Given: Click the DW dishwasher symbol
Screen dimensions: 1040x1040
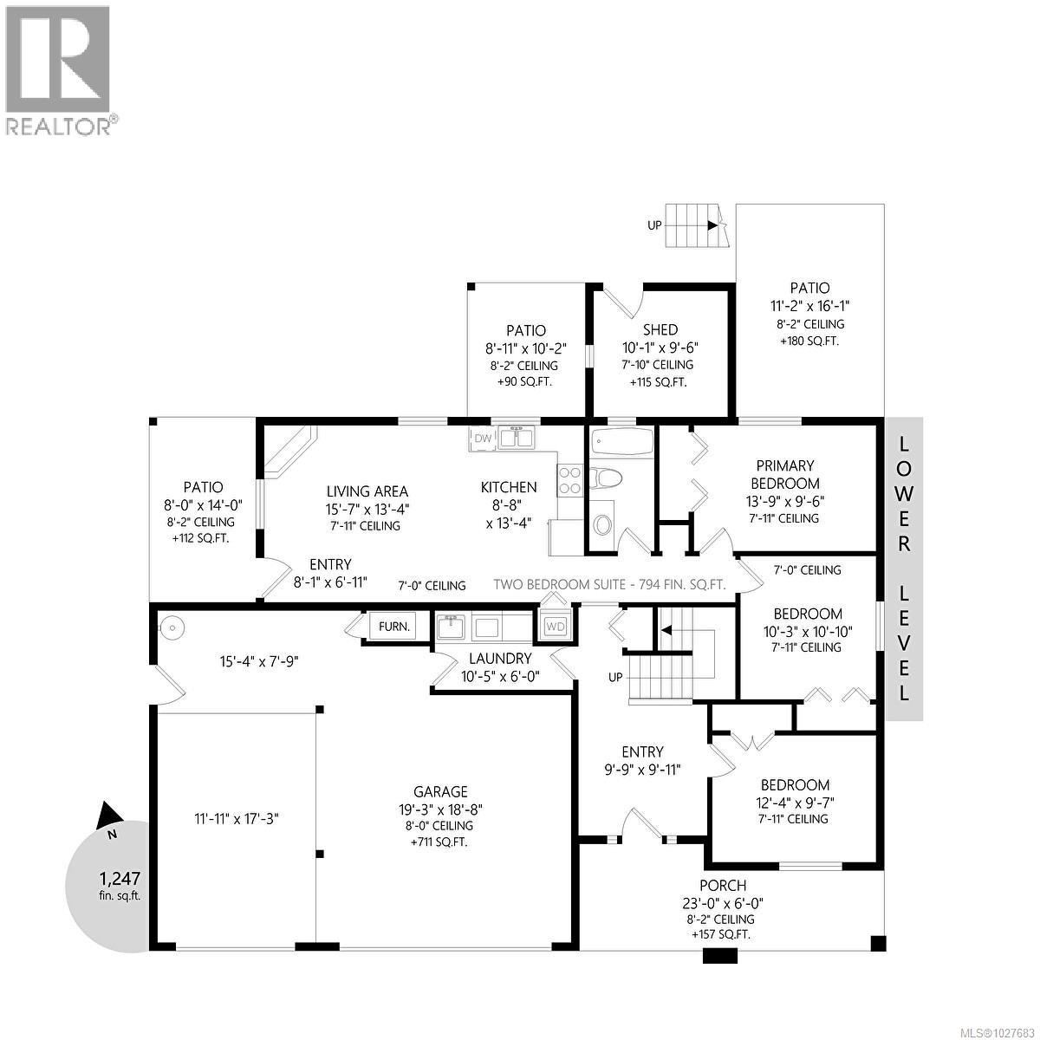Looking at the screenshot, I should (x=483, y=439).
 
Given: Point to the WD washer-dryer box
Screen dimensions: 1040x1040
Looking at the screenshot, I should (x=555, y=626).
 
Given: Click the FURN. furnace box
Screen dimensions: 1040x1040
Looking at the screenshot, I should (x=393, y=626).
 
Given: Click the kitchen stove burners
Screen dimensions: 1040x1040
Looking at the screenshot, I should (x=569, y=480).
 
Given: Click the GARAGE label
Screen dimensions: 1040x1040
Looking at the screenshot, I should (x=440, y=791).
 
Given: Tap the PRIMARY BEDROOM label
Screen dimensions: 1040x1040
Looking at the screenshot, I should (x=784, y=474).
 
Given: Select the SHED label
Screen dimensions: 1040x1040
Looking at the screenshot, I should (x=660, y=329).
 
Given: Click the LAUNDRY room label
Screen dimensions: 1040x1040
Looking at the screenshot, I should (x=496, y=659).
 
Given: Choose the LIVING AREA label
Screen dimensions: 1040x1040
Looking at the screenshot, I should (x=367, y=491).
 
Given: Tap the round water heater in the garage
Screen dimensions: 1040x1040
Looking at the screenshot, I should (x=172, y=627).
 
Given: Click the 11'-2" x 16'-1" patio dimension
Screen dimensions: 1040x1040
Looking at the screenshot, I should (x=809, y=306).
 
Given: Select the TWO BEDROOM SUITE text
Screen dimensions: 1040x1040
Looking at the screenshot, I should (x=609, y=584).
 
